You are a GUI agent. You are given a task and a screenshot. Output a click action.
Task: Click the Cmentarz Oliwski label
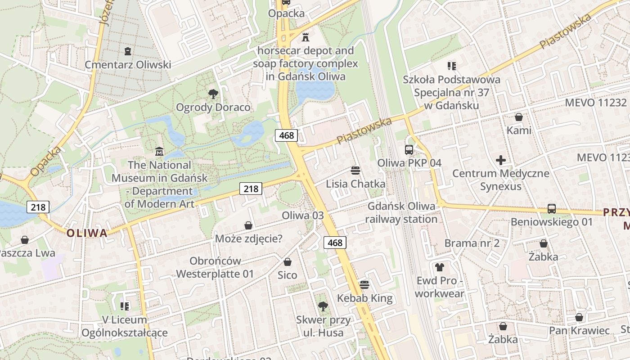click(x=128, y=65)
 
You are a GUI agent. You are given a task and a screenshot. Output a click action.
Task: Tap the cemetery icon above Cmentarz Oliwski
click(x=128, y=51)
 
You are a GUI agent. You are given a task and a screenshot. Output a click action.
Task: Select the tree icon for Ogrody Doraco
click(x=213, y=94)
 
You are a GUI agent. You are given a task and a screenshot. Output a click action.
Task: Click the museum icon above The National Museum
click(x=159, y=152)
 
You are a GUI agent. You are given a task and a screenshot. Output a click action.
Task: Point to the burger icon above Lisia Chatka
click(x=355, y=171)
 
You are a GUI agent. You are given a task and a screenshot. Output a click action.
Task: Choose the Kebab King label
click(x=364, y=298)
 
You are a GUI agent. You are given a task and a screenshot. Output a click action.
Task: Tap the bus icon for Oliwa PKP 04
click(x=409, y=150)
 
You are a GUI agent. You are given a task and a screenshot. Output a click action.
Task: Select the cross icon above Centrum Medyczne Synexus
click(x=500, y=160)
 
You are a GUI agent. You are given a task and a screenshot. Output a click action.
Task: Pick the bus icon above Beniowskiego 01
click(x=552, y=209)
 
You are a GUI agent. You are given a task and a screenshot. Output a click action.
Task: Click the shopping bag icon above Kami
click(x=519, y=117)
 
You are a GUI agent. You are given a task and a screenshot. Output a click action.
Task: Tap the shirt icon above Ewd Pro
click(x=440, y=267)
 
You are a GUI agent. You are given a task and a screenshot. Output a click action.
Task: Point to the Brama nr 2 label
click(x=472, y=243)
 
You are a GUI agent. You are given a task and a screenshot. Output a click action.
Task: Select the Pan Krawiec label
click(x=579, y=331)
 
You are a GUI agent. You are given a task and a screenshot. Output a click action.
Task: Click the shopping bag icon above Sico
click(x=288, y=262)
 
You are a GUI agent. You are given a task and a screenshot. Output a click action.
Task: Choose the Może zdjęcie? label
click(x=248, y=238)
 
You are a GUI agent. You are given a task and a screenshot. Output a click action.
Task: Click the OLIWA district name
click(x=87, y=233)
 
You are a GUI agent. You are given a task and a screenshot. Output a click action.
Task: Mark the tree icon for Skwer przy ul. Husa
click(x=323, y=306)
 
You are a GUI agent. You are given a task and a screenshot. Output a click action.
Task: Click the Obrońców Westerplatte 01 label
click(x=215, y=267)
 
